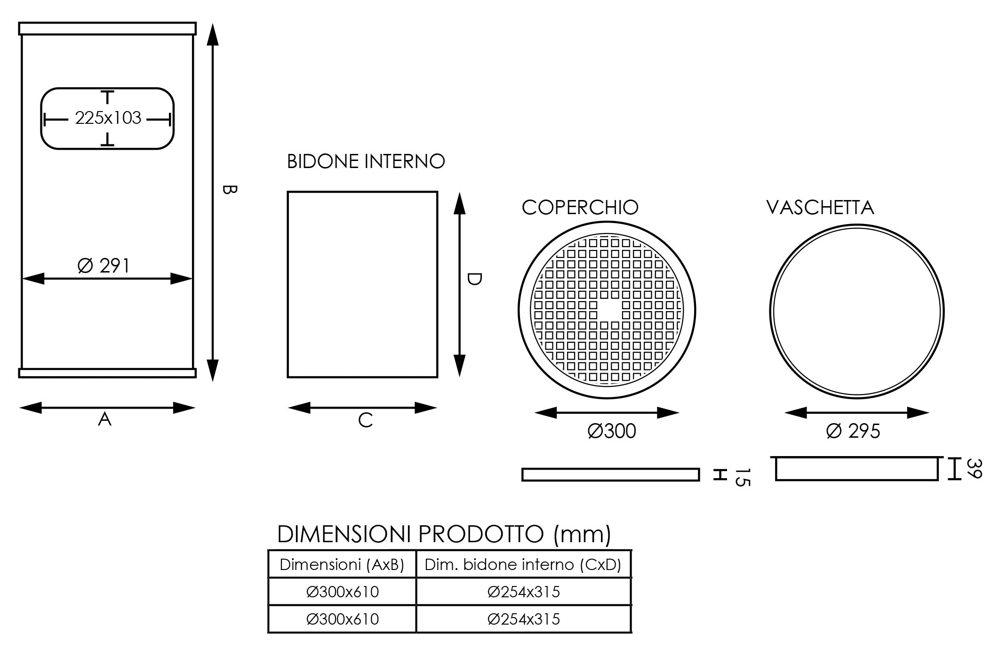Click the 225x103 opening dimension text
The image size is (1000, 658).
coord(108,118)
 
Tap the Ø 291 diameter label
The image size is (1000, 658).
coord(104,266)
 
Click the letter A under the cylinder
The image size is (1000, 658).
coord(104,419)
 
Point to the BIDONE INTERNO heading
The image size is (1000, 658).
coord(366,161)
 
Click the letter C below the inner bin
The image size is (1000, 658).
coord(365,420)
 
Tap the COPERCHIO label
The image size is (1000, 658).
coord(580,208)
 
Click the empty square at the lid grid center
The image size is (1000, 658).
coord(609,310)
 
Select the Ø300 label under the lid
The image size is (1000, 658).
coord(612,431)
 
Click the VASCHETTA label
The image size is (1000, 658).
coord(820,208)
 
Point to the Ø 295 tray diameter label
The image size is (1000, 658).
coord(853,431)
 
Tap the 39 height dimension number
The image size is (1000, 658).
coord(974,469)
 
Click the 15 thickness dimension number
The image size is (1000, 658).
coord(742,477)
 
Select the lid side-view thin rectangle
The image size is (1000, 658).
coord(610,474)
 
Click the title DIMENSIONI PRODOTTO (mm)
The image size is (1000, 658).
coord(444,534)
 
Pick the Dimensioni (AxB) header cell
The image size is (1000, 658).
coord(342,564)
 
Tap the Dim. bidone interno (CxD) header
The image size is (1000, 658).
coord(523,564)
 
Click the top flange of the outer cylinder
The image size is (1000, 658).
coord(107,28)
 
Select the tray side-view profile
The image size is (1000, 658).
coord(856,469)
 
